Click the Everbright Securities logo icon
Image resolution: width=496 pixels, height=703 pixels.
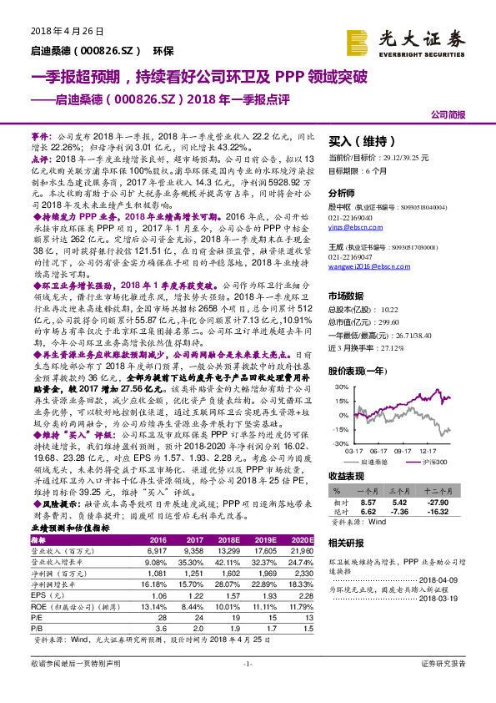pyautogui.click(x=359, y=39)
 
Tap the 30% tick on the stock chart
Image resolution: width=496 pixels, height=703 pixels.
pyautogui.click(x=339, y=387)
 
